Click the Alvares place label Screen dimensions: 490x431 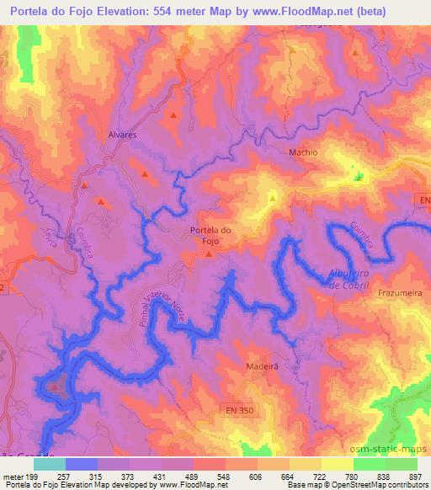[123, 134]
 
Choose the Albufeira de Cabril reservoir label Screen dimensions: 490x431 [348, 279]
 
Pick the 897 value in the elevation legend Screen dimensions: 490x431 [416, 477]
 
